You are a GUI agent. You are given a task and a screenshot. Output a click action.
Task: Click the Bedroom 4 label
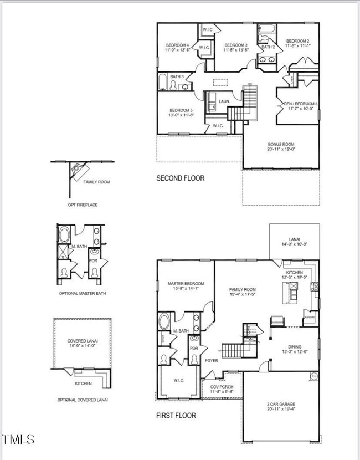tap(177, 45)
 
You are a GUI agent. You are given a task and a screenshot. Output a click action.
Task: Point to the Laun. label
tap(224, 101)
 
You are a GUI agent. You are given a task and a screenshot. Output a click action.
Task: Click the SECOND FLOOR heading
tap(180, 178)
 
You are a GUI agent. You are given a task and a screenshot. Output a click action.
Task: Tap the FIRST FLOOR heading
tap(176, 415)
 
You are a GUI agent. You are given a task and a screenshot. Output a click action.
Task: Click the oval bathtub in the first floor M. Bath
tap(165, 321)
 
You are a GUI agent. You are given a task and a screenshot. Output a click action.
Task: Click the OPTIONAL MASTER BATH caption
tap(81, 293)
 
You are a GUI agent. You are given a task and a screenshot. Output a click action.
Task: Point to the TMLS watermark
tap(18, 439)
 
